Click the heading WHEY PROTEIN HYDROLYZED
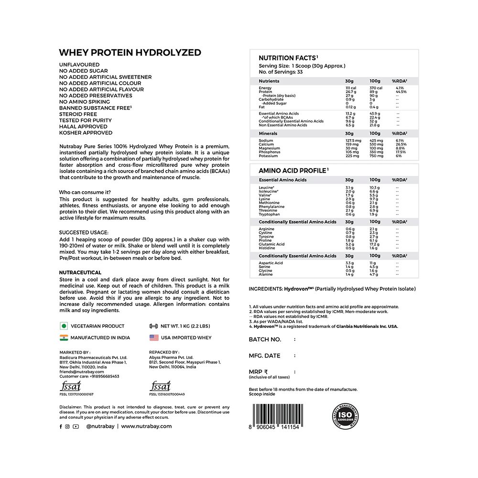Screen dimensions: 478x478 click(130, 53)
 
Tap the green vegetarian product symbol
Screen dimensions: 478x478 click(63, 326)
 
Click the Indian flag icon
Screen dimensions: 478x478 click(63, 337)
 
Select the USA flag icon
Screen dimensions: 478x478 click(154, 337)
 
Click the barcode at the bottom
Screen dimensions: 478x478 click(275, 414)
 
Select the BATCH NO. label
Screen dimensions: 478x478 click(265, 339)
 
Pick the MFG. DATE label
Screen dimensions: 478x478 click(265, 356)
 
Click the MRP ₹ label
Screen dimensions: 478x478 click(259, 371)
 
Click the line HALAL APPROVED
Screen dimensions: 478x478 click(86, 127)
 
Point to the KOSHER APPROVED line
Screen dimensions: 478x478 click(86, 133)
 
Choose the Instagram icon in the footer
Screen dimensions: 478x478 click(67, 426)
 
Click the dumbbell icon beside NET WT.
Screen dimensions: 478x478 click(154, 326)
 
